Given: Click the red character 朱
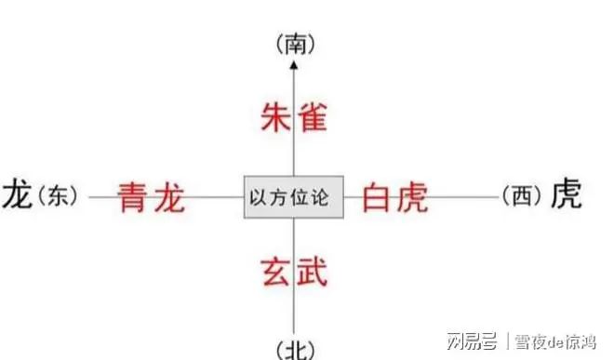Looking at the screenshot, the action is click(x=274, y=117).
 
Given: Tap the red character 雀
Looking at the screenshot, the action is click(x=313, y=117).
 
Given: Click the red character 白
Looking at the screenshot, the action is click(x=378, y=197).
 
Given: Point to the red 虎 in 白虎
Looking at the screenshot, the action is click(x=411, y=197).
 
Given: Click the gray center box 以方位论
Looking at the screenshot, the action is click(x=293, y=196).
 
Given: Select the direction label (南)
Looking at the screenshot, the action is click(x=293, y=43).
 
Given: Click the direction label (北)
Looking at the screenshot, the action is click(x=294, y=351).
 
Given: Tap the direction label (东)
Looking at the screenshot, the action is click(x=60, y=196).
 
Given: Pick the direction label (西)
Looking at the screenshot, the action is click(x=520, y=196).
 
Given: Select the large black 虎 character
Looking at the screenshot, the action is click(x=566, y=194).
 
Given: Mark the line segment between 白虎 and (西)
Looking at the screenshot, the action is click(x=465, y=197).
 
